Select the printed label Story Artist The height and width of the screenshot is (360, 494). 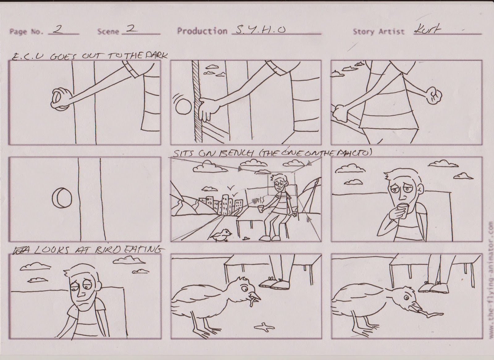[x=379, y=31]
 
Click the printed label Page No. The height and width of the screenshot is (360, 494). [x=26, y=31]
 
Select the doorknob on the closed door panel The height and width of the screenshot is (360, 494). [x=61, y=198]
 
